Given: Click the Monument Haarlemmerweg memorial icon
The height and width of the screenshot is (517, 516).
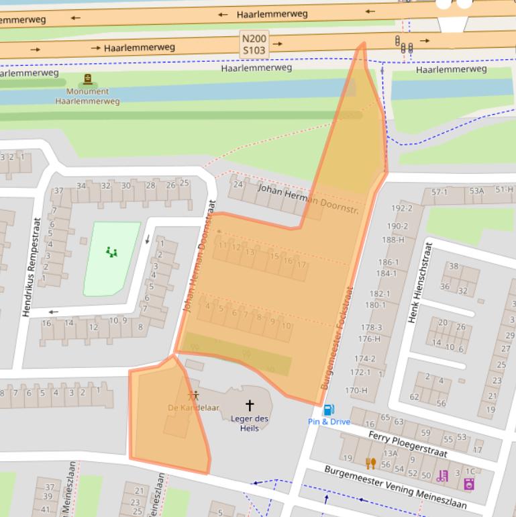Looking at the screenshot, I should (87, 79).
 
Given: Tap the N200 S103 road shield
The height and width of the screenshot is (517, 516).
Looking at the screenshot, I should (254, 44).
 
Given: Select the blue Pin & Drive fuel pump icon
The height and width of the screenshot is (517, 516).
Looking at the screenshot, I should (329, 410).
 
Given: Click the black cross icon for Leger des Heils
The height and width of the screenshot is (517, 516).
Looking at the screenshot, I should (250, 405).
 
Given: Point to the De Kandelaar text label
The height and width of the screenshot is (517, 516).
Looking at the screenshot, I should (193, 408).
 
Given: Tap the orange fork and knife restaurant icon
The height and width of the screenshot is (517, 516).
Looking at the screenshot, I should (370, 463).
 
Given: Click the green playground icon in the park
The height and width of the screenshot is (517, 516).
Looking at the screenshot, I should (111, 252).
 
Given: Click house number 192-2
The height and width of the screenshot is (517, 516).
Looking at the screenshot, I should (401, 208).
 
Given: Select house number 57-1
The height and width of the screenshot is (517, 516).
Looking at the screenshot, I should (440, 192).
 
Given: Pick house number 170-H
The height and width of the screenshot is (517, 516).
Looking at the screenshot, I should (356, 390).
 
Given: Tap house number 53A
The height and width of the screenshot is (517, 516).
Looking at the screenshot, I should (476, 191).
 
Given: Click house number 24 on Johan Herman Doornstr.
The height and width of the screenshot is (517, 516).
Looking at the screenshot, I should (238, 184).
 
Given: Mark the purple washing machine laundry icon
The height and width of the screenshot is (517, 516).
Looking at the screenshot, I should (469, 483).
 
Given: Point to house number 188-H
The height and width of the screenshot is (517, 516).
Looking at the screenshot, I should (393, 240).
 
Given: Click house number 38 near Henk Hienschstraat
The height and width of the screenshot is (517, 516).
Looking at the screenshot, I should (454, 266).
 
